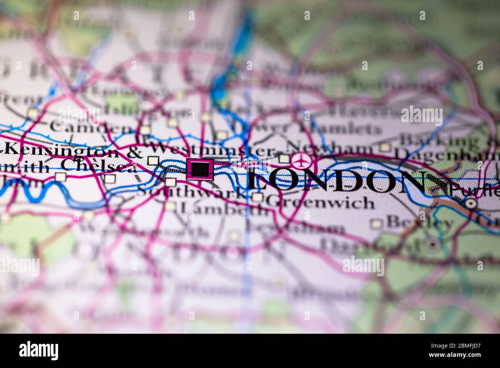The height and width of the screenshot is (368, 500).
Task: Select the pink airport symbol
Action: tap(302, 159)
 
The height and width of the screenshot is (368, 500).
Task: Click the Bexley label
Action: tap(419, 222)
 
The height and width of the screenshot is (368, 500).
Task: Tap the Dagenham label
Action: tap(446, 155)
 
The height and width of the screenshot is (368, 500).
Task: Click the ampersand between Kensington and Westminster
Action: tap(134, 152)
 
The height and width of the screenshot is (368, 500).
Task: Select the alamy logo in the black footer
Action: tap(39, 351)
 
